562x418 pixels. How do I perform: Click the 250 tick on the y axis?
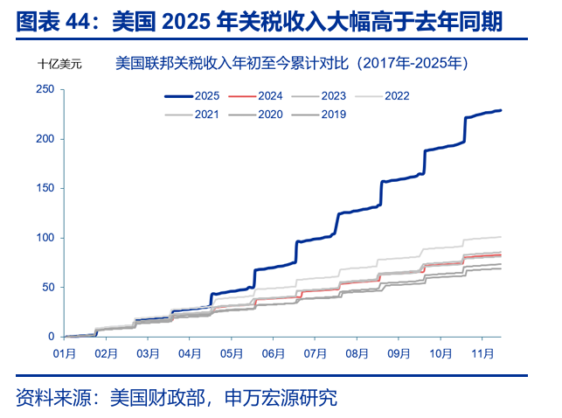click(45, 89)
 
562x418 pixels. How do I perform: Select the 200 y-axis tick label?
click(45, 139)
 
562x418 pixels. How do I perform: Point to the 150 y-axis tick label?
click(45, 188)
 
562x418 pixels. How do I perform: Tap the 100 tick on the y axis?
click(45, 238)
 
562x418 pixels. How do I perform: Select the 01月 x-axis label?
click(65, 353)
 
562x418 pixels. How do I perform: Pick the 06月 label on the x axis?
click(274, 353)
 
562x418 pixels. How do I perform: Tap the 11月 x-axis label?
click(482, 353)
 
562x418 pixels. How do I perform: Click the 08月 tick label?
click(357, 353)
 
